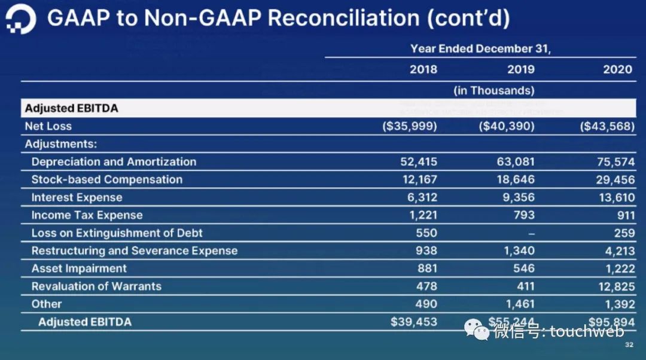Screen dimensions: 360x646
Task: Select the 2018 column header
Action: coord(423,69)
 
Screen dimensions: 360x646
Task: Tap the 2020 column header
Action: coord(617,69)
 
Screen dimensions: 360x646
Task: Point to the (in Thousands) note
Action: coord(493,90)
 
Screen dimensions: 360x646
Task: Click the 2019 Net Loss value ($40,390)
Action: coord(507,126)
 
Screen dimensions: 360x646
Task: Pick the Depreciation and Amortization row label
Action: coord(114,161)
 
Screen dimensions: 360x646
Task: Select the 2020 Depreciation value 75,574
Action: coord(615,161)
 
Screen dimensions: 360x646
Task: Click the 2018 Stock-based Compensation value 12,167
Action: coord(419,179)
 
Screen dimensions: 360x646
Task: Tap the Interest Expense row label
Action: coord(77,197)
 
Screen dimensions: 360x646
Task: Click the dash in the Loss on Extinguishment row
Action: coord(530,233)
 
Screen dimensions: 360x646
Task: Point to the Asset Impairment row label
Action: coord(79,269)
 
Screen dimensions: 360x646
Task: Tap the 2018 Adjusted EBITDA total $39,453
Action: coord(414,322)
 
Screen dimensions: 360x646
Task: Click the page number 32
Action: coord(629,345)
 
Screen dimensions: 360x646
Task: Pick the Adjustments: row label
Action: coord(61,144)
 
